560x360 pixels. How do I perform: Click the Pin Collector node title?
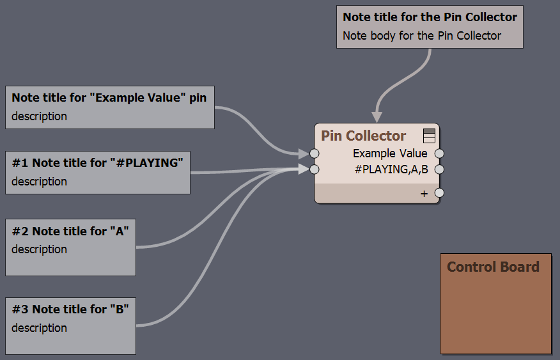[x=363, y=136]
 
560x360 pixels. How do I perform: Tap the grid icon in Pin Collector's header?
[x=429, y=136]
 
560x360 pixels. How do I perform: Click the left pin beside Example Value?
[x=315, y=153]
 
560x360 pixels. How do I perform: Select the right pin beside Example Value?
[x=439, y=153]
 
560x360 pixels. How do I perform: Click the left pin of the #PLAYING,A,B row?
[x=315, y=169]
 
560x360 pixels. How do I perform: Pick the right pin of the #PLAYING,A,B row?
[x=439, y=169]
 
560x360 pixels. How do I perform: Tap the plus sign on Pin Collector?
[x=424, y=194]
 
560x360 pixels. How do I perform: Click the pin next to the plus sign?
[x=439, y=193]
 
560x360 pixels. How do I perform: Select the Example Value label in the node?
[x=390, y=153]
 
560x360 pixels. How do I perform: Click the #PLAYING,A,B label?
[x=391, y=169]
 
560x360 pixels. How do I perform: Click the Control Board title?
[x=493, y=267]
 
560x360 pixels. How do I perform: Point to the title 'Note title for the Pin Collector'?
[x=430, y=17]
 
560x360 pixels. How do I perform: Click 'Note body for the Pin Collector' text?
[x=422, y=36]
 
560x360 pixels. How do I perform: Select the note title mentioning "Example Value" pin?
[x=109, y=98]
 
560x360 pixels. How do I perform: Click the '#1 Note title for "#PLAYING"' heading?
[x=98, y=163]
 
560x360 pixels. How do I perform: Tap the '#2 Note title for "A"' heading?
[x=70, y=231]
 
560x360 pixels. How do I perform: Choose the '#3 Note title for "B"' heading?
[x=70, y=309]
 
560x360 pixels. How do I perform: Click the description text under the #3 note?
[x=39, y=328]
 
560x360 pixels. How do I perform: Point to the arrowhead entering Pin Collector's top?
[x=377, y=117]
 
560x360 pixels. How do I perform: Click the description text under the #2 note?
[x=39, y=249]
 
